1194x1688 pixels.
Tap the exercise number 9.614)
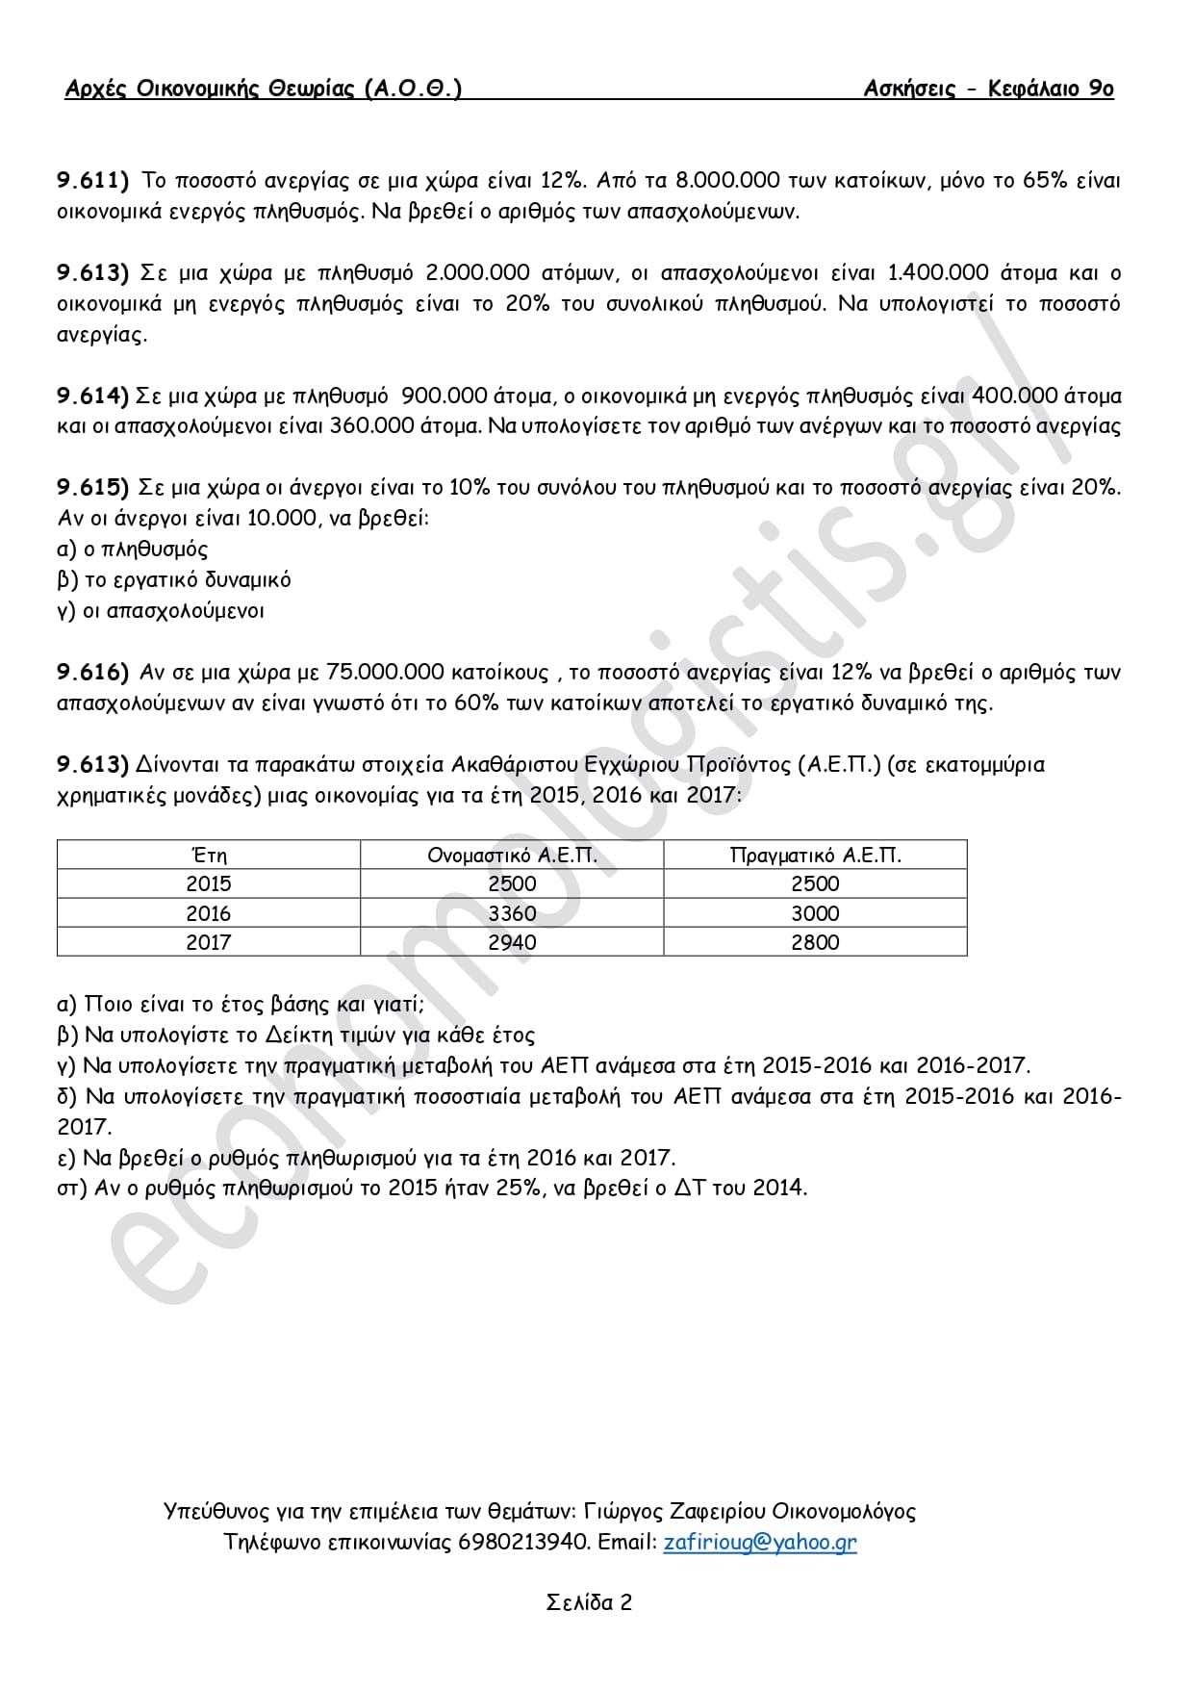(x=92, y=396)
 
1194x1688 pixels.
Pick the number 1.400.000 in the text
(x=937, y=272)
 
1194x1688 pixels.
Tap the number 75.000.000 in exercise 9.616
(x=385, y=672)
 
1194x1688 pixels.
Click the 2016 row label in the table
(x=209, y=913)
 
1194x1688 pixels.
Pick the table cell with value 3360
(x=512, y=913)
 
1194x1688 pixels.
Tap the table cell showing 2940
(x=512, y=942)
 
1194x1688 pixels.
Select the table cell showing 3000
(x=815, y=913)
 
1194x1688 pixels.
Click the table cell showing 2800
(x=815, y=942)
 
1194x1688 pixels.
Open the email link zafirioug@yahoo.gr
(x=759, y=1542)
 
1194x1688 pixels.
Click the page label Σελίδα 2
(x=589, y=1602)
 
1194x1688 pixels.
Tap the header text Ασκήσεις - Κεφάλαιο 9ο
(x=988, y=89)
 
